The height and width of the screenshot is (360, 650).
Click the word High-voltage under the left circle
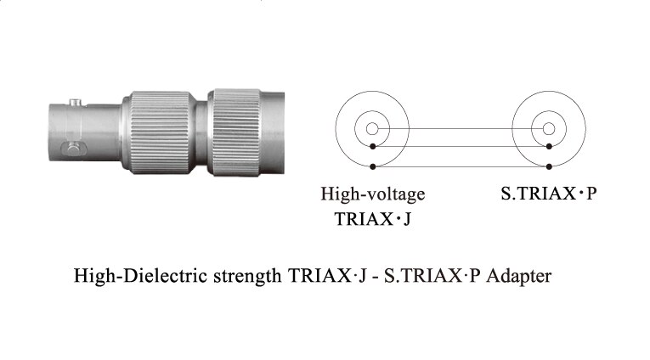373,194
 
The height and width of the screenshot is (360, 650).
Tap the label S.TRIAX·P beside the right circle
548,194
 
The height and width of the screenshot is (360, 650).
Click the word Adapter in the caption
519,275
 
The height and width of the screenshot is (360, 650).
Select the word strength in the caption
247,276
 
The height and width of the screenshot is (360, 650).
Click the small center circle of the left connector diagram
372,129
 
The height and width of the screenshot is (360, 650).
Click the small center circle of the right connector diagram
549,129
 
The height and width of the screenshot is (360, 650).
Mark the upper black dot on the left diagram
373,146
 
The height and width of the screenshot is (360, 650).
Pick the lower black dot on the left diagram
373,166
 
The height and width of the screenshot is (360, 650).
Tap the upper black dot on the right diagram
549,146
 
